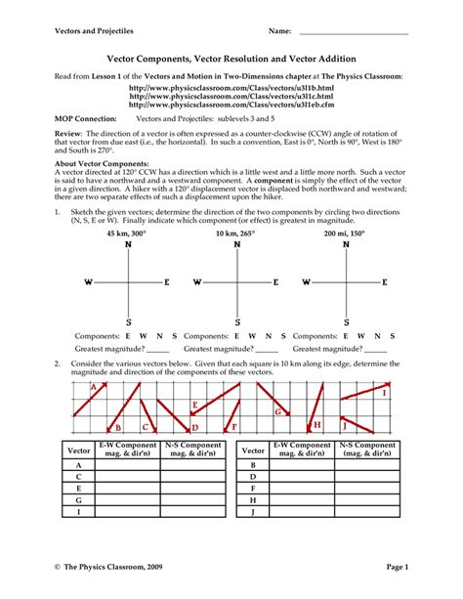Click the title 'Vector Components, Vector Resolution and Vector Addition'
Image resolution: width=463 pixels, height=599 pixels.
[x=231, y=59]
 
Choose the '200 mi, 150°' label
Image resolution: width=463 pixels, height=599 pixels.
[x=347, y=235]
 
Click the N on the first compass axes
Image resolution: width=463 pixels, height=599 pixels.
[x=129, y=246]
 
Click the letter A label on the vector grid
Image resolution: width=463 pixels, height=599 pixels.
[x=92, y=388]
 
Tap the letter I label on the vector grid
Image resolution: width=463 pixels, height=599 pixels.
[x=384, y=392]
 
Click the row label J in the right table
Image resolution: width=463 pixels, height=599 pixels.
[x=253, y=511]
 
